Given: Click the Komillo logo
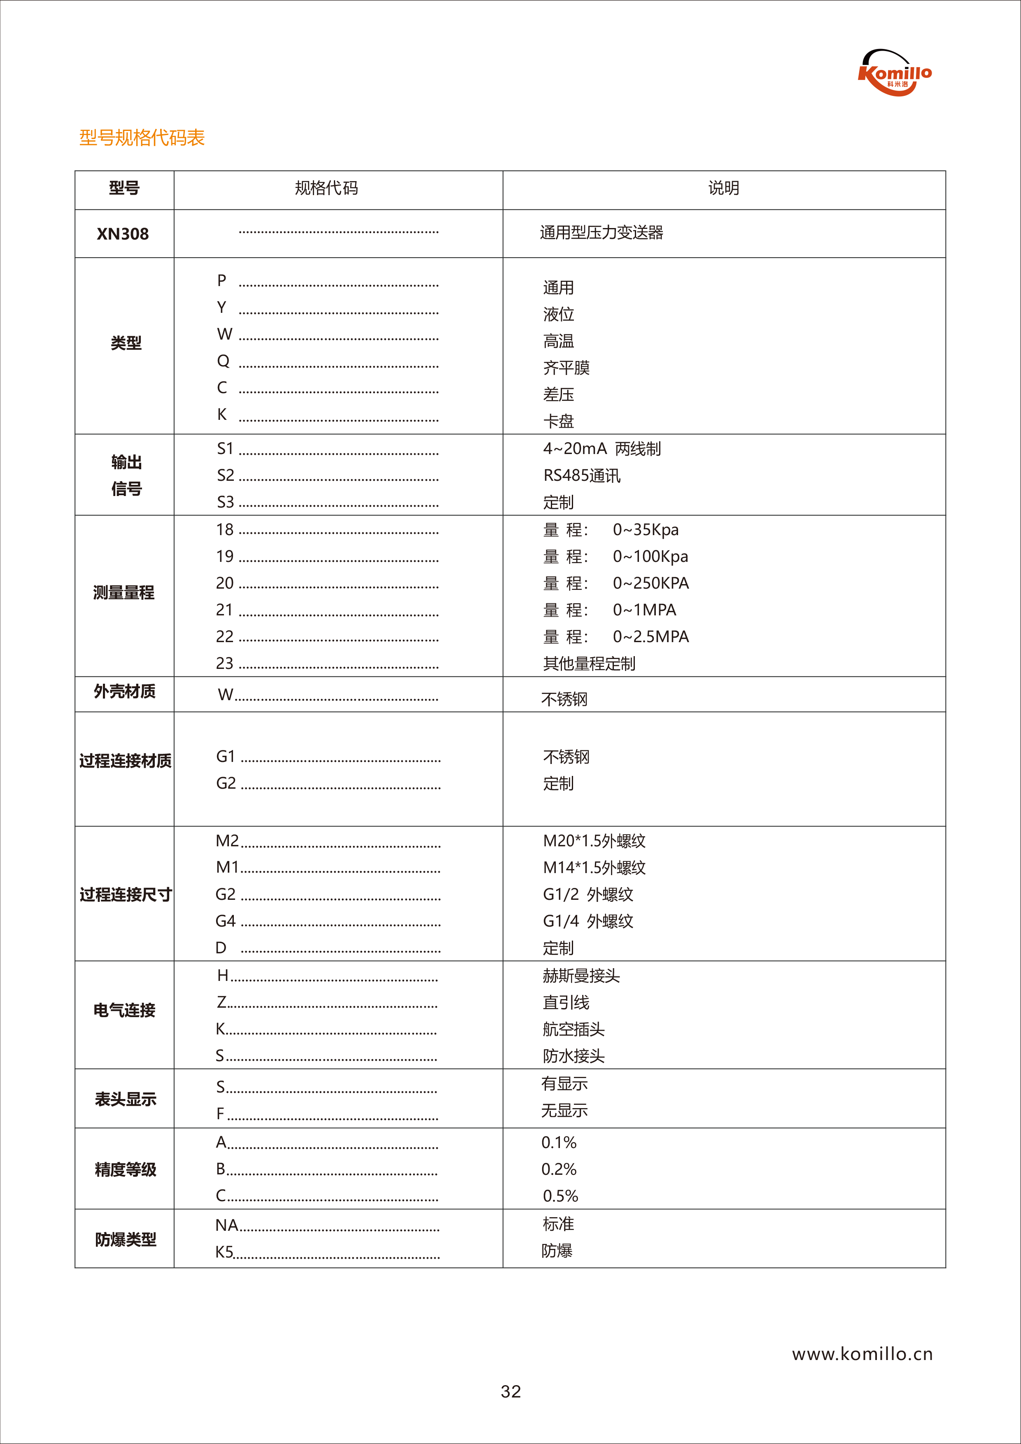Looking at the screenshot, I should [895, 73].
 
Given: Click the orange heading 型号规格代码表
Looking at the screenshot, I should [142, 138].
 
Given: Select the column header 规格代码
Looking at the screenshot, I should [326, 188].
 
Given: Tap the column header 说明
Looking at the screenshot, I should [723, 188].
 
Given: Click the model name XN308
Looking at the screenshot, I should [123, 234].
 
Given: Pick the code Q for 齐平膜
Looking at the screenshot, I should [223, 361].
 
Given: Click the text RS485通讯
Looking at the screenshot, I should [581, 475].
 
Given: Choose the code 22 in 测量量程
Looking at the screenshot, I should [225, 636].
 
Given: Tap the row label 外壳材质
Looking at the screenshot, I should [125, 692].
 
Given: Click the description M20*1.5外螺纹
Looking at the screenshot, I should [594, 841].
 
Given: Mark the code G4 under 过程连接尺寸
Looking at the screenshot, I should [225, 921].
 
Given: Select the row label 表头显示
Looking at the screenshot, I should [125, 1099].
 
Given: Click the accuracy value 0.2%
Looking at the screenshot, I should [559, 1169].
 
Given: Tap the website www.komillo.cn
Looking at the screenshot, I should [862, 1354].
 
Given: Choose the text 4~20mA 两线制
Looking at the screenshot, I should [601, 448].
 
